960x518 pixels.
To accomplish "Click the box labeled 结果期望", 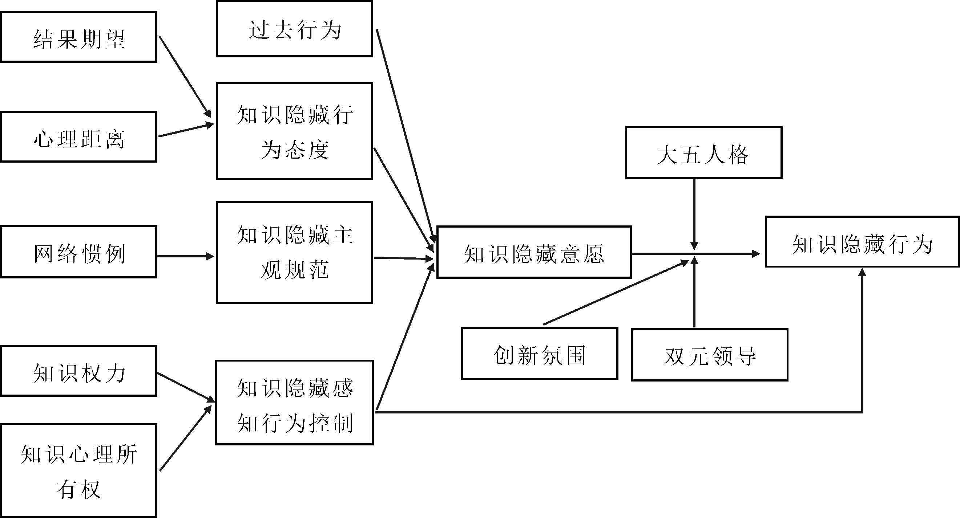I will (x=78, y=37).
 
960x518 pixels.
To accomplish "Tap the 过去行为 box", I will (x=294, y=29).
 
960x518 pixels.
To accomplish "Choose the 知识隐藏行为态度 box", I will (x=294, y=131).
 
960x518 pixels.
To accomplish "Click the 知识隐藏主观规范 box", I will (x=294, y=253).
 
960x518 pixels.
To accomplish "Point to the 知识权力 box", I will (x=78, y=371).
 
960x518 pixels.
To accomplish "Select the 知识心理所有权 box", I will (x=78, y=470).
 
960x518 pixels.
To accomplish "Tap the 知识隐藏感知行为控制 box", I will (x=294, y=403).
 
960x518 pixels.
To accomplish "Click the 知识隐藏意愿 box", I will (x=534, y=252).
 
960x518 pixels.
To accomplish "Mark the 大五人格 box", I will (x=703, y=153).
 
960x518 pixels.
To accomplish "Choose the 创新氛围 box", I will (x=540, y=354).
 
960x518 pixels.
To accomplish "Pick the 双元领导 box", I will (x=710, y=355).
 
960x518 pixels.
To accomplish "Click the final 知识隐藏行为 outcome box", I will (x=862, y=242).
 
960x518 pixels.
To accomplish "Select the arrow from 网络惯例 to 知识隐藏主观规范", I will (x=185, y=256).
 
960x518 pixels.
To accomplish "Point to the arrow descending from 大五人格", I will (x=694, y=214).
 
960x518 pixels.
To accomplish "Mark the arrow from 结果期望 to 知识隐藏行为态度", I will (x=185, y=77).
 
